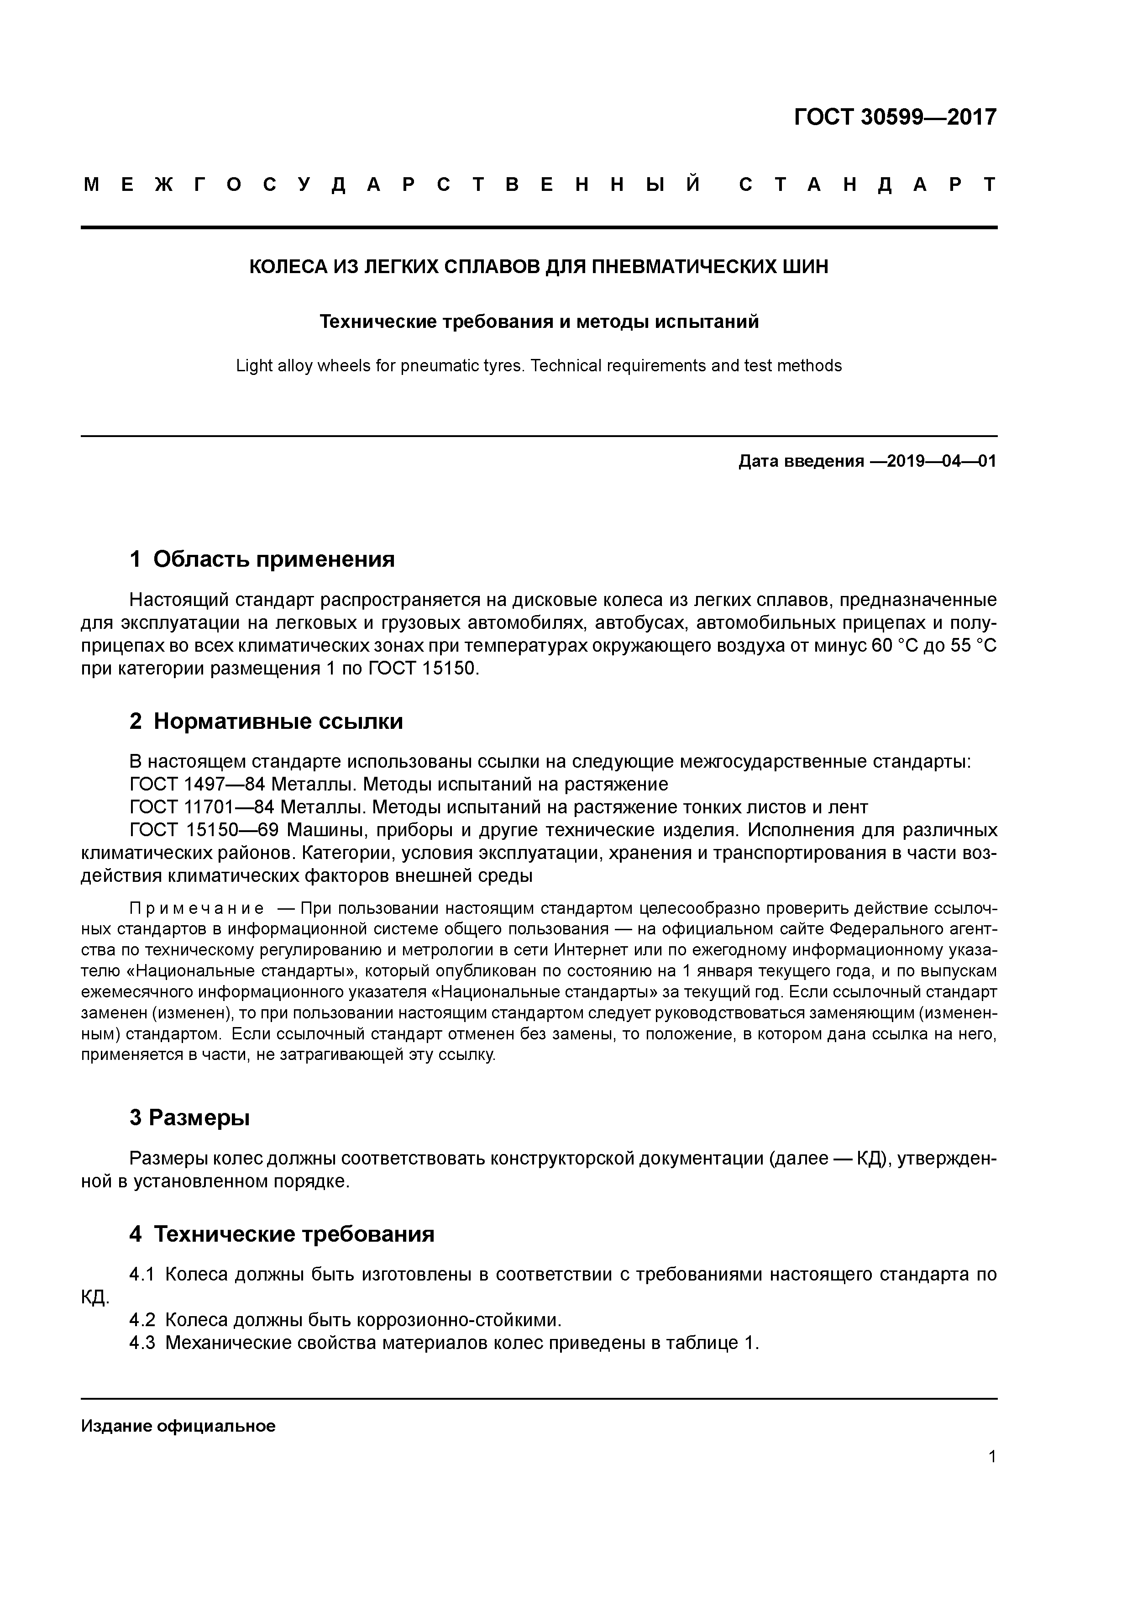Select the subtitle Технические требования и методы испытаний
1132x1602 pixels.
tap(539, 321)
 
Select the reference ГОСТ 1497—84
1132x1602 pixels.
tap(191, 784)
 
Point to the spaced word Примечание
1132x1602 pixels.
tap(197, 908)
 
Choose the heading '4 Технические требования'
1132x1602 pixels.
tap(281, 1234)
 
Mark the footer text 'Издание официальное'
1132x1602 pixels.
tap(178, 1426)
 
